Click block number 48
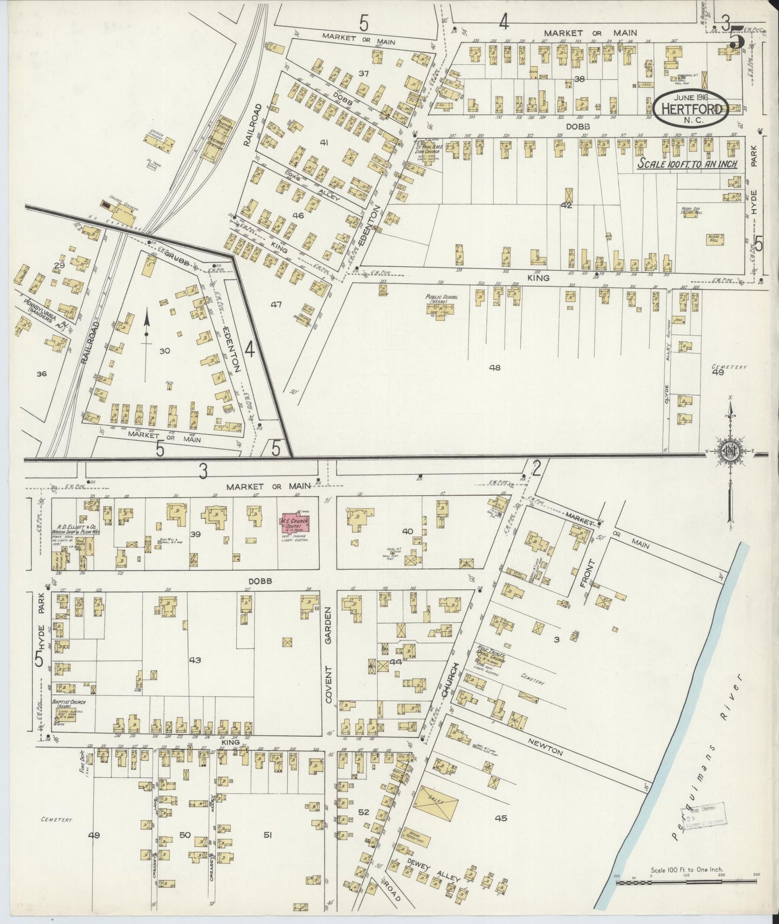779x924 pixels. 494,368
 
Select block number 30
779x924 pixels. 164,350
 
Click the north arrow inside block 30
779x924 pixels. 147,329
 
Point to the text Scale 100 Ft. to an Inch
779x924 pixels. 687,164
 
